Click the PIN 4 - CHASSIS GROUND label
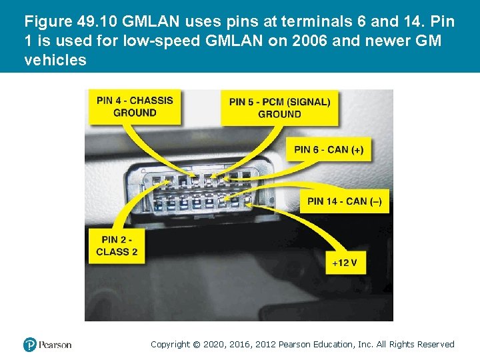[135, 107]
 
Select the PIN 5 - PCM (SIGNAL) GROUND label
[279, 108]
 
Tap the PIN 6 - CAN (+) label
[329, 149]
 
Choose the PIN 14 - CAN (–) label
[344, 201]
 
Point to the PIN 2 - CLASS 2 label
[117, 245]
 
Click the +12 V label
[345, 263]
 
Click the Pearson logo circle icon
[30, 345]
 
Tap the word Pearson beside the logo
[55, 345]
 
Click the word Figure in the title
[45, 21]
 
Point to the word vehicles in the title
[55, 60]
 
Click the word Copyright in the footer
[169, 345]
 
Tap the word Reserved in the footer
[436, 345]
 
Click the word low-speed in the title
[144, 41]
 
